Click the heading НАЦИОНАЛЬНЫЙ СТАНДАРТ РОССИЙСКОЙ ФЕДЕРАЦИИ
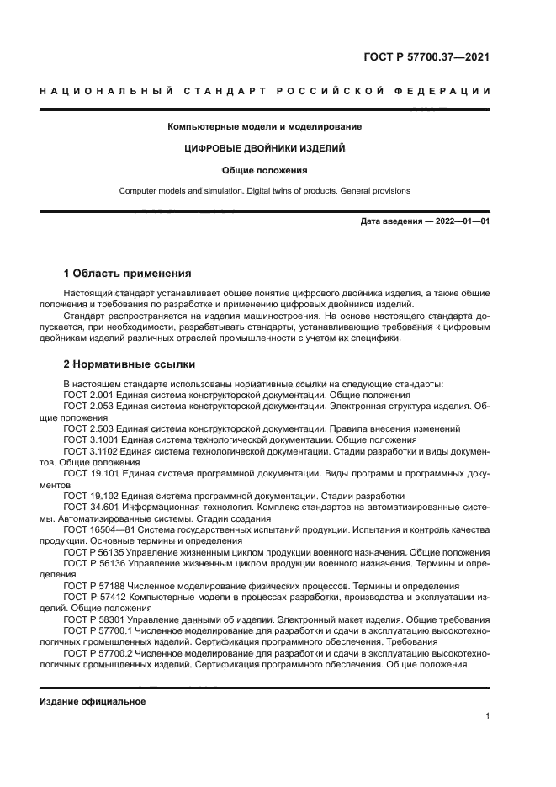coord(265,91)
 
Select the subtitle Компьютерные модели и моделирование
coord(265,127)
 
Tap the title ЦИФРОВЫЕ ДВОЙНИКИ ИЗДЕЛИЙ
coord(265,148)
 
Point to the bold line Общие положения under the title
coord(265,169)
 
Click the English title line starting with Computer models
coord(265,190)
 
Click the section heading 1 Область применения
coord(127,274)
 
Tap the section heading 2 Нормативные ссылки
coord(130,364)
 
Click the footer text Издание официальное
coord(93,701)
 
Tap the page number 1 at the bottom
coord(487,716)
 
